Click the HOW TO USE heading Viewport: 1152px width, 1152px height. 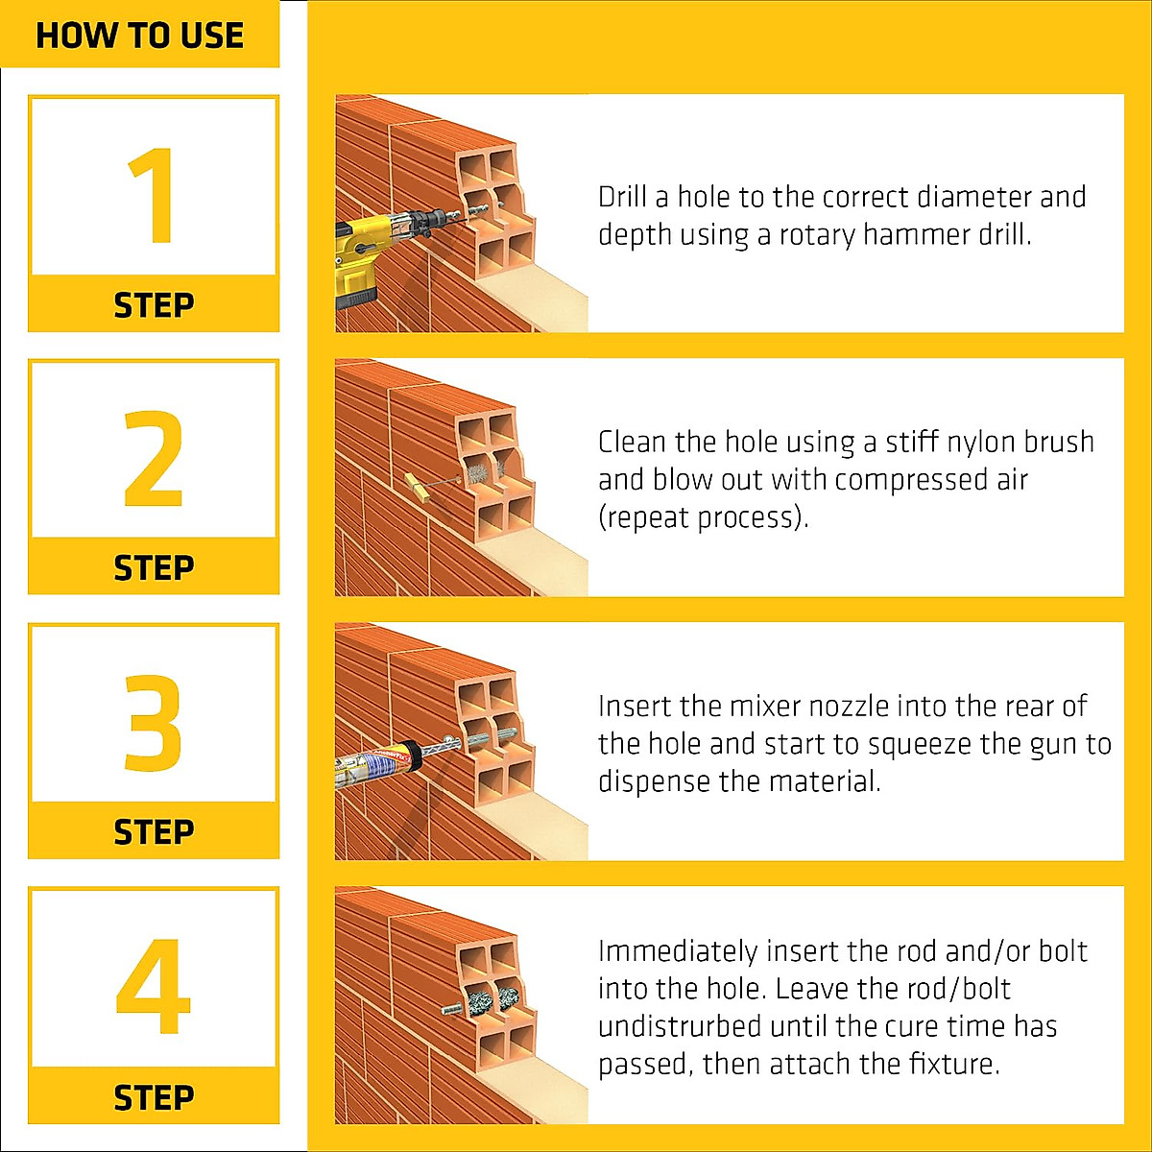139,36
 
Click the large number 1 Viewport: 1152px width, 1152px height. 152,196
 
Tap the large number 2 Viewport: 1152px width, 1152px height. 153,458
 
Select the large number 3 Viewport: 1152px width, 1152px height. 153,722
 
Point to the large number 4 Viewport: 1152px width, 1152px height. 153,987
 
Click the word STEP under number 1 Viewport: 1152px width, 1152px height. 154,305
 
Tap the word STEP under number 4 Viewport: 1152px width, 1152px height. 154,1097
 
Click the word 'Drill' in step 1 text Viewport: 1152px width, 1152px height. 622,197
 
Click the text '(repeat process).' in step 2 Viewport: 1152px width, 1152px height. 703,517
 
